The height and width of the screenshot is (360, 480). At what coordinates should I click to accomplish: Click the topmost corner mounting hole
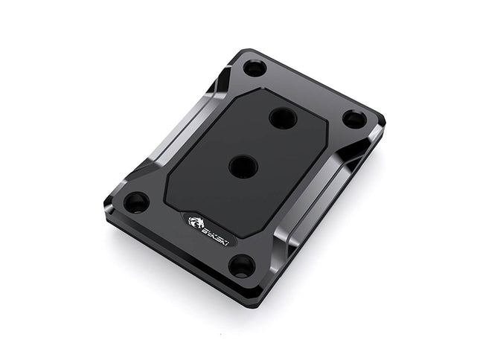tap(255, 68)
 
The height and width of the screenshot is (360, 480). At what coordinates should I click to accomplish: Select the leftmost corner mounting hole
tap(135, 202)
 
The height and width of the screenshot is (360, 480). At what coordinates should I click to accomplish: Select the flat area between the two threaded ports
tap(260, 141)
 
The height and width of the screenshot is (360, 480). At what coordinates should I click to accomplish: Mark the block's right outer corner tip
tap(384, 119)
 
